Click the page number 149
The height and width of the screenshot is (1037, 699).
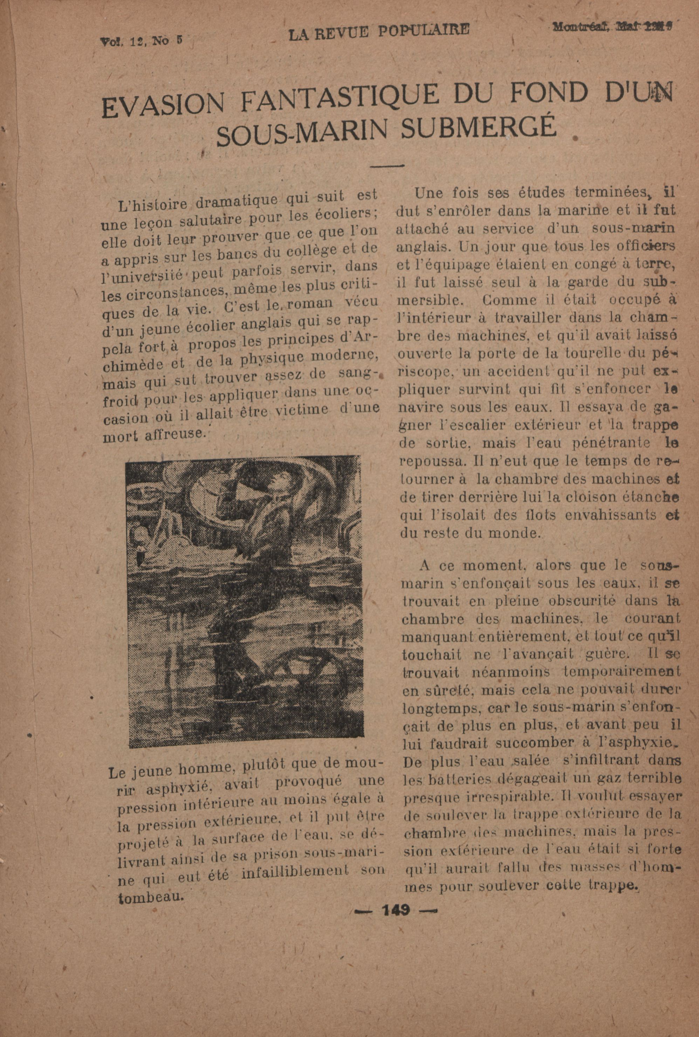click(x=396, y=911)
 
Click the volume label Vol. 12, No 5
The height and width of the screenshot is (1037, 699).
click(x=141, y=41)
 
